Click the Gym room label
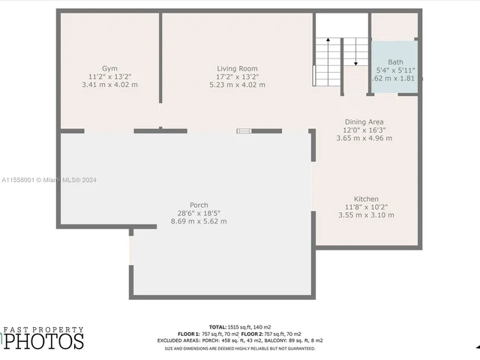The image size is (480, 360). point(109,68)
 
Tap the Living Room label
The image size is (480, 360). point(237,68)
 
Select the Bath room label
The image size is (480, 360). point(395,61)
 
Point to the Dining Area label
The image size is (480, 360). point(364,121)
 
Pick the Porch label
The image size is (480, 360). point(199,205)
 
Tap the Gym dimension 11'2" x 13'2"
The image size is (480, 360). point(109,76)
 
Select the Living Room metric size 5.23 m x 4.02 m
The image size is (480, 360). point(237,85)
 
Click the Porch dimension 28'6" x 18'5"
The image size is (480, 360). point(199,213)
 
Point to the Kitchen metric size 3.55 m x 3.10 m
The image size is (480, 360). point(366,215)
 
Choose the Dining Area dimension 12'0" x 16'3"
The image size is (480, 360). point(364,130)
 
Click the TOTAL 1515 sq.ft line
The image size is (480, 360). point(240,327)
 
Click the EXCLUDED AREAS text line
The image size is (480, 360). point(240,340)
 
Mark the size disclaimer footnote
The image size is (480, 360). point(240,348)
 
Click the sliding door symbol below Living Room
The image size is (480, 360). point(244,130)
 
